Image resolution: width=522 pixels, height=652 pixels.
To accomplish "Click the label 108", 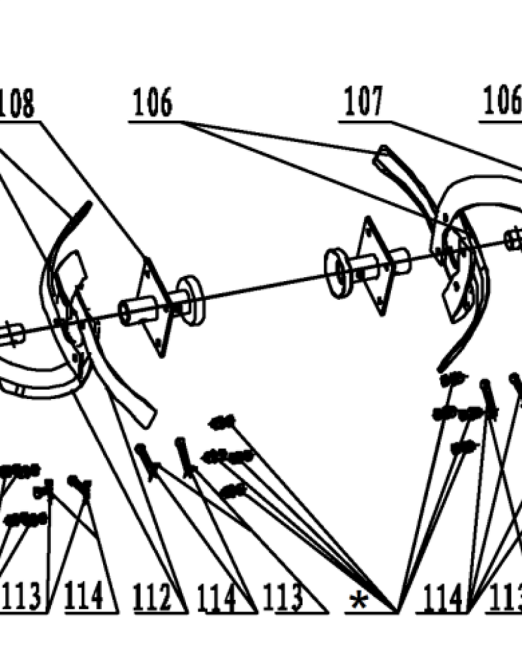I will (x=18, y=104).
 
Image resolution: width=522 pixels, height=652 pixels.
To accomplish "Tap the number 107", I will (x=364, y=103).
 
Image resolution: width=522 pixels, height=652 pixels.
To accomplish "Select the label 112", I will (x=155, y=597).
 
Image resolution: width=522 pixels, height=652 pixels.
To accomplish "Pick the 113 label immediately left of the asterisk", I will (x=284, y=597).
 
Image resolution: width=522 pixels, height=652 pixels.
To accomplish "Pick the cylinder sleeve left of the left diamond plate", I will (x=134, y=310).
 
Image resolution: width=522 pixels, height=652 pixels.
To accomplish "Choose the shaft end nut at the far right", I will (x=514, y=239).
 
